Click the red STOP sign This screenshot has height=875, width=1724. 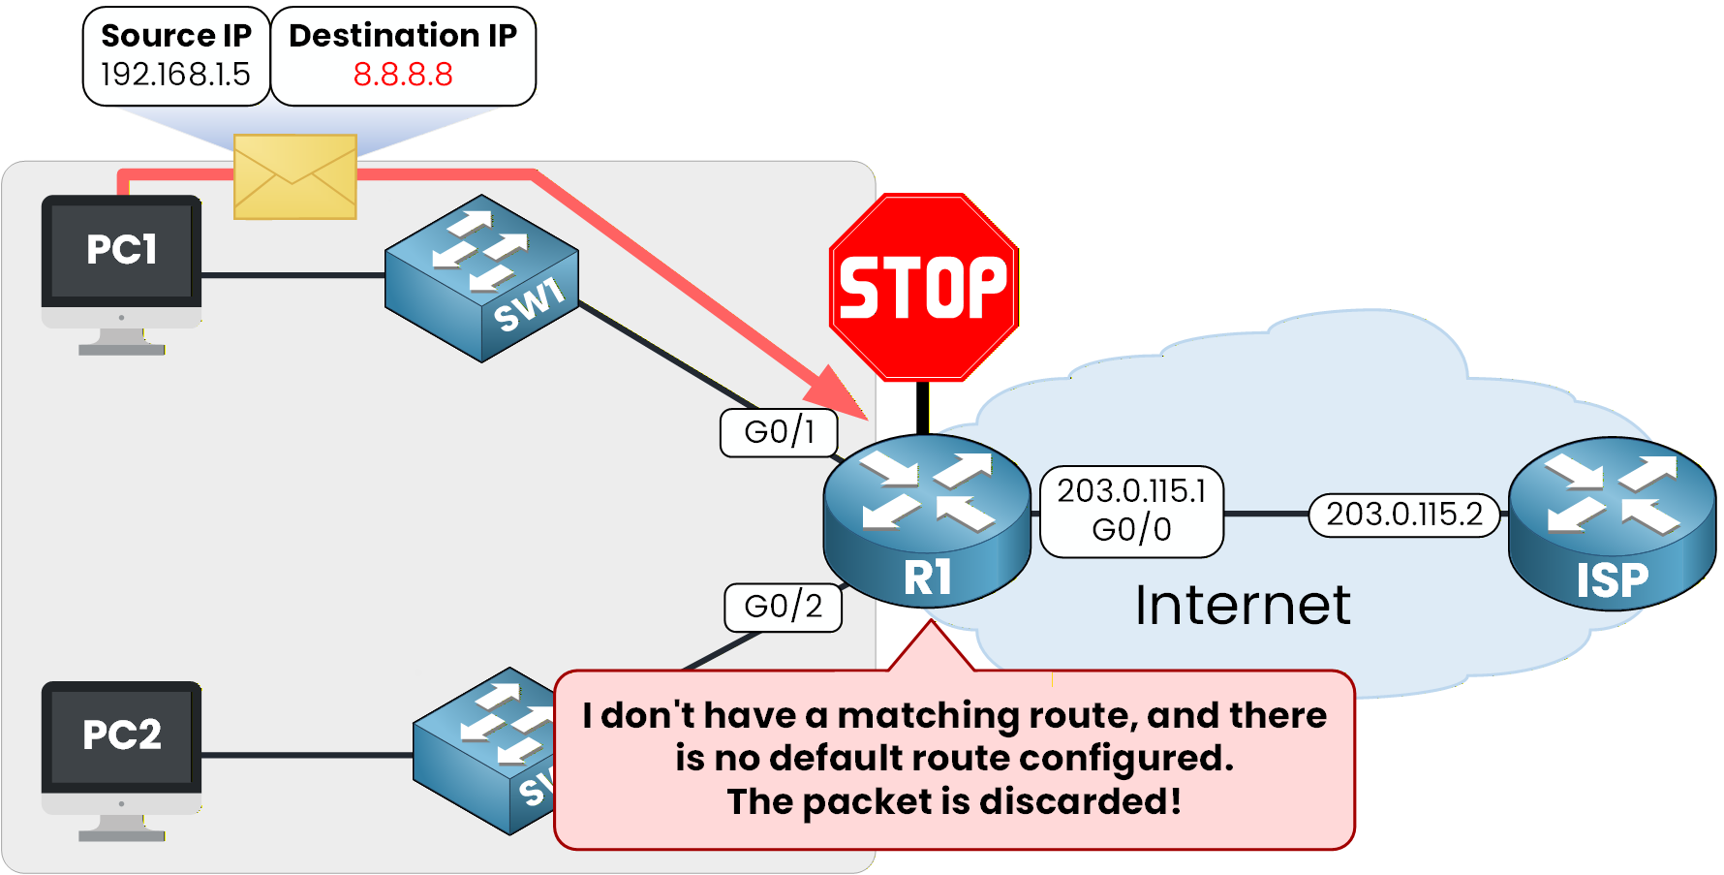pyautogui.click(x=923, y=287)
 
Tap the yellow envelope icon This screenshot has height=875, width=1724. pyautogui.click(x=295, y=176)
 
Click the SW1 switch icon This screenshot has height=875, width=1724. pyautogui.click(x=481, y=278)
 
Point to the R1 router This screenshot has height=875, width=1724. pyautogui.click(x=926, y=520)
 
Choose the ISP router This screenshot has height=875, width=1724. pyautogui.click(x=1612, y=523)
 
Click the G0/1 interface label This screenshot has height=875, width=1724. pyautogui.click(x=779, y=432)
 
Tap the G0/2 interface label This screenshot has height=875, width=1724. pyautogui.click(x=783, y=608)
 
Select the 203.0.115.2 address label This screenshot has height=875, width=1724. pyautogui.click(x=1403, y=515)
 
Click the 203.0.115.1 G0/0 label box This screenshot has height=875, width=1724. pyautogui.click(x=1131, y=512)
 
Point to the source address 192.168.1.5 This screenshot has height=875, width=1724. pyautogui.click(x=175, y=75)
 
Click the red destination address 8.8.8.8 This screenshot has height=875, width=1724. pyautogui.click(x=403, y=75)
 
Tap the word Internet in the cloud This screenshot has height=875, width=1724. pyautogui.click(x=1243, y=606)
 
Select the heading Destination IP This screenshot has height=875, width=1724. pyautogui.click(x=403, y=36)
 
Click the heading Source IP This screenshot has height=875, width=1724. pyautogui.click(x=175, y=36)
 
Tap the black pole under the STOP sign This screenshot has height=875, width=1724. pyautogui.click(x=922, y=407)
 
